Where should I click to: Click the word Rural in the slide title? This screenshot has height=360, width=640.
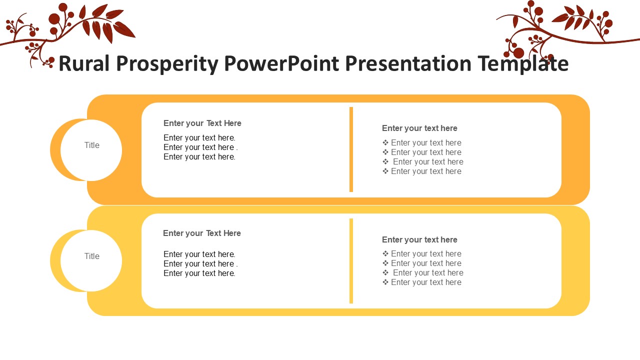tap(84, 63)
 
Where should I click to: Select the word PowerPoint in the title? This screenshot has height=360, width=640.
tap(281, 63)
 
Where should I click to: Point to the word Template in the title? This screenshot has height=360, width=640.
tap(523, 63)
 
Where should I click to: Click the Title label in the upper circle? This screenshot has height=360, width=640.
tap(91, 145)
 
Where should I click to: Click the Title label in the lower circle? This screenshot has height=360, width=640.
tap(91, 256)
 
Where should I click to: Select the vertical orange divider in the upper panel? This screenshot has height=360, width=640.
tap(351, 149)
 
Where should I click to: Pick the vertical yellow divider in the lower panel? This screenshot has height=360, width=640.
tap(351, 261)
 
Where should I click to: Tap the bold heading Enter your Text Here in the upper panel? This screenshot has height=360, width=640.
tap(202, 123)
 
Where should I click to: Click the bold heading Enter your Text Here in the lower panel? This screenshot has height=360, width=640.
tap(201, 233)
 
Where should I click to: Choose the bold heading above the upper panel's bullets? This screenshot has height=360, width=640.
tap(419, 128)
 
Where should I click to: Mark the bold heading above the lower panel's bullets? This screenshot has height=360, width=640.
tap(419, 239)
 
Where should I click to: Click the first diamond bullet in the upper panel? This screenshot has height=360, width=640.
tap(385, 142)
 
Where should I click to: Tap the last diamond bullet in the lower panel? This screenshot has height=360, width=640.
tap(385, 282)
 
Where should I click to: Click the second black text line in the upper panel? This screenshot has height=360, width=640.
tap(200, 147)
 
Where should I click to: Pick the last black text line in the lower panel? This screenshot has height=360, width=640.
tap(199, 273)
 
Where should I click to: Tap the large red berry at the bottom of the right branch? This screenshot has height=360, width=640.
tap(518, 53)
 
